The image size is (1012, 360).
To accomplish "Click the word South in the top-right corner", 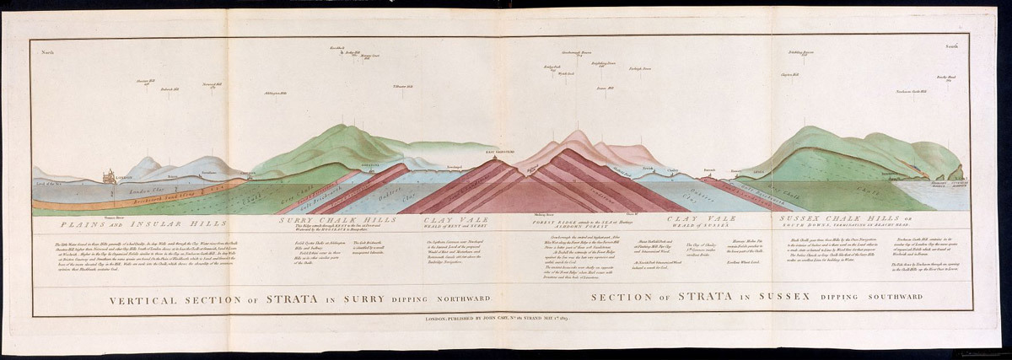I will [x=952, y=47].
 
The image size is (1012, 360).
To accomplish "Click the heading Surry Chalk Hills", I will [x=327, y=220].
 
